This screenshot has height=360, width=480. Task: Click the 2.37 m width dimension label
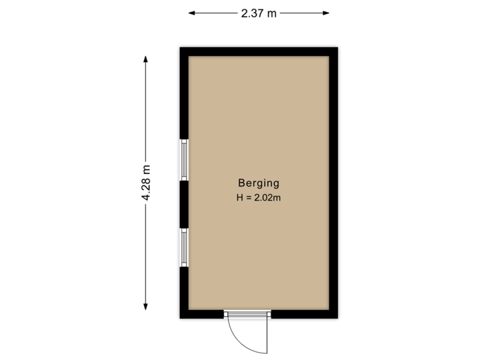tap(259, 13)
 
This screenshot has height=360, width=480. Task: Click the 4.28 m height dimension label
tap(145, 182)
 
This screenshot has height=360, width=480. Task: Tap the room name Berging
tap(259, 183)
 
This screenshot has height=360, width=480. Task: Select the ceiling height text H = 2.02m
tap(259, 198)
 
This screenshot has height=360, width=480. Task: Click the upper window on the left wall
tap(184, 159)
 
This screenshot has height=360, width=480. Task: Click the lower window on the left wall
tap(184, 247)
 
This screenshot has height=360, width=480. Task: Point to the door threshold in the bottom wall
tap(247, 315)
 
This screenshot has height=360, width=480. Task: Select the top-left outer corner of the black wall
tap(178, 45)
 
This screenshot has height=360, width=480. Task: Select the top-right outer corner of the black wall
tap(340, 45)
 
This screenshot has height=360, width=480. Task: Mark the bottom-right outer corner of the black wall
tap(340, 320)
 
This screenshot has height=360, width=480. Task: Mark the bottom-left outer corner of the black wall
tap(178, 320)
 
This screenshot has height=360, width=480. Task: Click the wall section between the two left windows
tap(183, 204)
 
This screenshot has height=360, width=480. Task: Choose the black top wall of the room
tap(259, 50)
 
